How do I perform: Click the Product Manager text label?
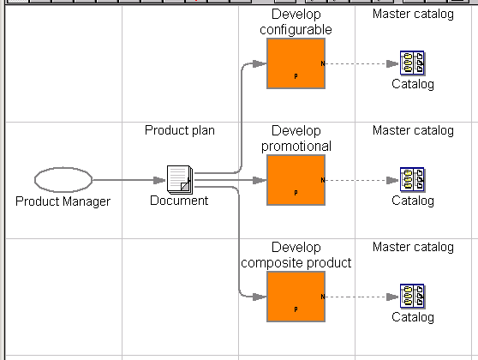tap(63, 201)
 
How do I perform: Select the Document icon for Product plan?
tap(180, 180)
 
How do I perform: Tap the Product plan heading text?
tap(180, 130)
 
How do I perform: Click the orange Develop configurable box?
tap(296, 63)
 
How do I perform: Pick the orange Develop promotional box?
tap(296, 180)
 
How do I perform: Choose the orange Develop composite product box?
tap(296, 297)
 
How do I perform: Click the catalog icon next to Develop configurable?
tap(412, 63)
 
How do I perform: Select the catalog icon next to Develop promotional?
tap(412, 180)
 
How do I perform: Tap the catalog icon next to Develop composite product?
tap(412, 297)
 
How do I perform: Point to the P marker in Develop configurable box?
tap(296, 76)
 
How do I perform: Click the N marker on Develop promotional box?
tap(323, 180)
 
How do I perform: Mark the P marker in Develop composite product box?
tap(296, 309)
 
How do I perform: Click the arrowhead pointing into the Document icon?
tap(159, 180)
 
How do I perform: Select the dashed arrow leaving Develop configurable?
tap(361, 63)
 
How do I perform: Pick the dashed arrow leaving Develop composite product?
tap(361, 297)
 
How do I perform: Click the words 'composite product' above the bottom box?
tap(296, 263)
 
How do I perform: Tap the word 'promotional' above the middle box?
tap(296, 147)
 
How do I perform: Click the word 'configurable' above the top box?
tap(296, 30)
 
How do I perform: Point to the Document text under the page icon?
tap(179, 201)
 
